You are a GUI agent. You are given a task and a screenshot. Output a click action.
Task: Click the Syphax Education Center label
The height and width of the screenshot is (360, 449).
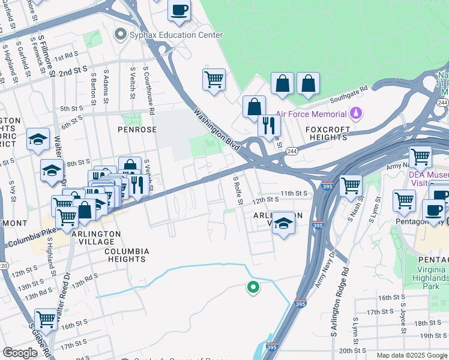click(x=176, y=35)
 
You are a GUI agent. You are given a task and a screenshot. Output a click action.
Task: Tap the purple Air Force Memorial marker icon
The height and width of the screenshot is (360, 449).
click(x=356, y=113)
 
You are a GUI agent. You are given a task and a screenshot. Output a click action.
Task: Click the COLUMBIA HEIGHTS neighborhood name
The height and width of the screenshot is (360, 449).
click(x=125, y=255)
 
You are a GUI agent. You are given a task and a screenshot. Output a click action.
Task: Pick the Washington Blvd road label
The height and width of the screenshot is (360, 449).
click(x=217, y=129)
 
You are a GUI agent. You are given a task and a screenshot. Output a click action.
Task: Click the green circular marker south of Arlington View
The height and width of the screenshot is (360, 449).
click(x=253, y=287)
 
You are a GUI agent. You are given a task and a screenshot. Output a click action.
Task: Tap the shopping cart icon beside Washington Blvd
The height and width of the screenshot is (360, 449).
click(x=214, y=79)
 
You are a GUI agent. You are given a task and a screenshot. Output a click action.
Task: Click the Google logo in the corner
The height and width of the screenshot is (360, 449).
click(x=20, y=353)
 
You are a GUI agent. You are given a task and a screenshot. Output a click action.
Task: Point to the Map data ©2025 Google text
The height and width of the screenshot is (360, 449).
click(x=412, y=355)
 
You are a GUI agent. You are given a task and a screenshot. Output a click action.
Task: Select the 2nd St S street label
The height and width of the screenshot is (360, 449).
click(x=73, y=71)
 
